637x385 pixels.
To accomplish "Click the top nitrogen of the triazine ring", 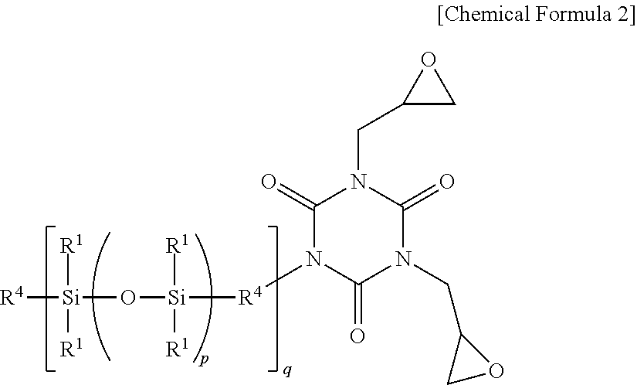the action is [x=357, y=183].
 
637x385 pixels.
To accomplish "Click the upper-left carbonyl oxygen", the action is [x=269, y=183].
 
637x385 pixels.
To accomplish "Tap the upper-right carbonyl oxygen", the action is [x=445, y=183].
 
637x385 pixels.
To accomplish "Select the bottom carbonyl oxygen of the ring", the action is [x=357, y=336].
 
